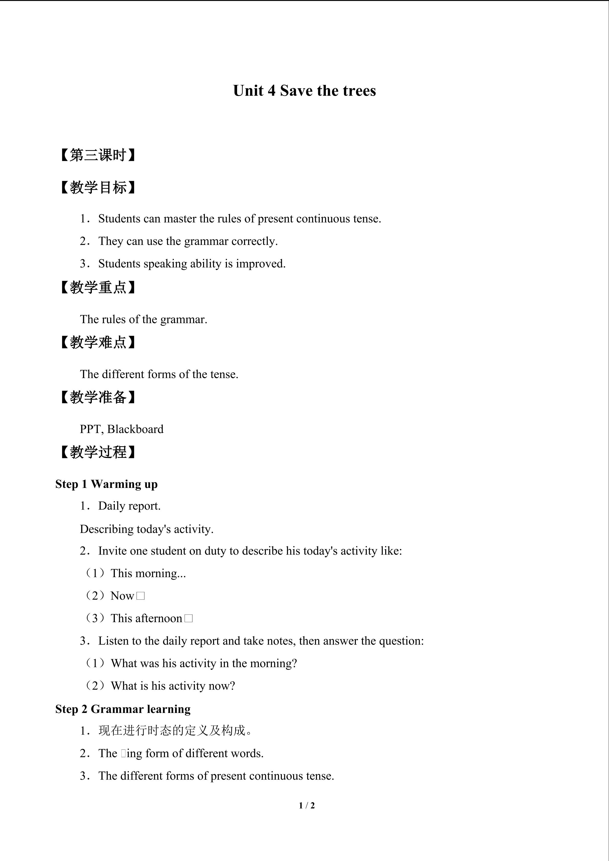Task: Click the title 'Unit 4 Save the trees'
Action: click(x=304, y=91)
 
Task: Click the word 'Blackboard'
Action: click(x=135, y=429)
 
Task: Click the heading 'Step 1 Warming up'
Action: click(x=106, y=484)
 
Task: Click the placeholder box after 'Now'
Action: click(x=141, y=596)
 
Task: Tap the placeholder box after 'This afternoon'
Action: click(x=189, y=618)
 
